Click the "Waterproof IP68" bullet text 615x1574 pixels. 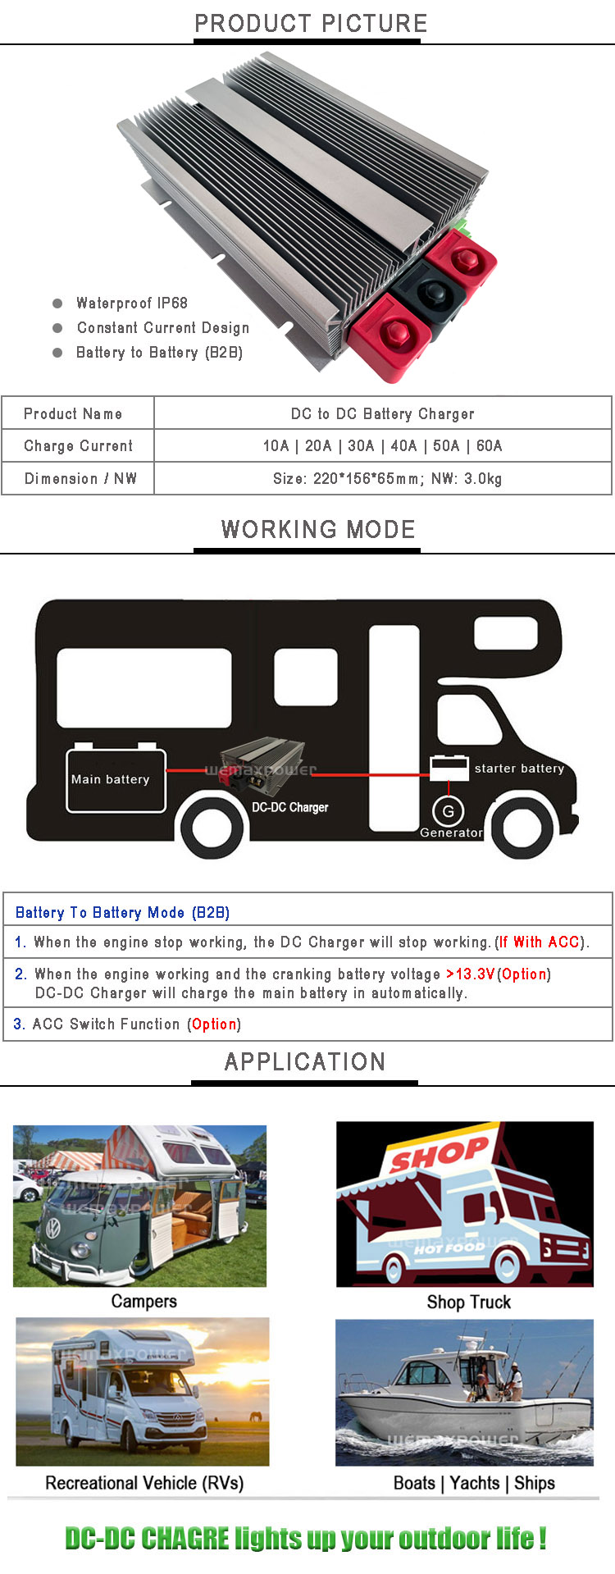click(x=132, y=303)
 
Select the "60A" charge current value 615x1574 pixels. click(x=489, y=446)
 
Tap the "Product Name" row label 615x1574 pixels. click(x=73, y=414)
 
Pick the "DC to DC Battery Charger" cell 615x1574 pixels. click(x=383, y=414)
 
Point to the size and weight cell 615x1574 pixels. click(x=387, y=479)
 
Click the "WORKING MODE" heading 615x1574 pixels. click(x=318, y=530)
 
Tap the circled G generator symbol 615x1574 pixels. click(x=449, y=811)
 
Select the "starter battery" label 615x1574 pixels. click(x=519, y=769)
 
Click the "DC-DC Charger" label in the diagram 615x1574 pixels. click(x=290, y=807)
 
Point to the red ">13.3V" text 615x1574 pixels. click(x=471, y=974)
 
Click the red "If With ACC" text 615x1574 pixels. click(x=540, y=942)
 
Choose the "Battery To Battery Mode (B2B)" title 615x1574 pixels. click(x=122, y=913)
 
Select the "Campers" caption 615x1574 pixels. click(x=144, y=1302)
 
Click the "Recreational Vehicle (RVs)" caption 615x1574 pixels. click(x=144, y=1483)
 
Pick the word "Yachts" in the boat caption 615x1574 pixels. click(x=475, y=1483)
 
